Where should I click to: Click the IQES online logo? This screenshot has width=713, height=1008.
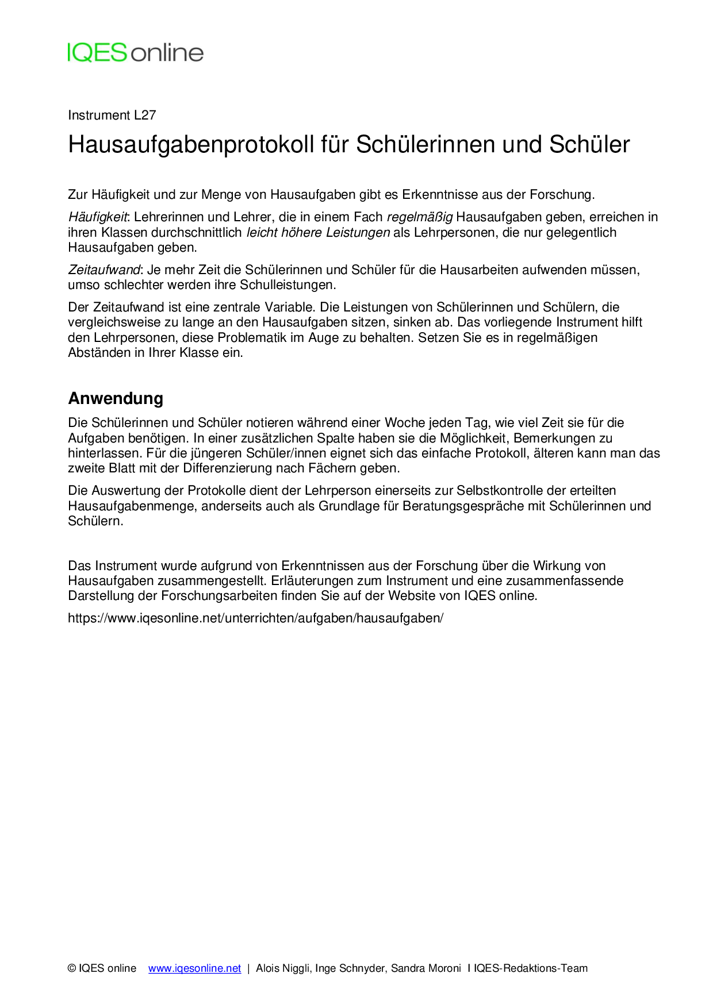click(x=135, y=52)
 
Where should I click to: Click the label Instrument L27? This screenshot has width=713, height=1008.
click(x=112, y=115)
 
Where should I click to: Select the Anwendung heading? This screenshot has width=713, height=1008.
click(x=116, y=398)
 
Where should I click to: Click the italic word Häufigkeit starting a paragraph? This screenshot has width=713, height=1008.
click(x=97, y=217)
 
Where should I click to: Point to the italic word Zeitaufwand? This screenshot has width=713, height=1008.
click(x=104, y=270)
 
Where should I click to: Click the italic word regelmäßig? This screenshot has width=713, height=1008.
click(x=420, y=217)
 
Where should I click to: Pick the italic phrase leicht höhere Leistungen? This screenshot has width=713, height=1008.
click(x=318, y=233)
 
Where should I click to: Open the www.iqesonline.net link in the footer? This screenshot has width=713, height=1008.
click(x=194, y=968)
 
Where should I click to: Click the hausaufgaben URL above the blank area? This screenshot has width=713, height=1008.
click(x=255, y=618)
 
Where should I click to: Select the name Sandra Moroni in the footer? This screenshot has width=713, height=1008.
click(x=426, y=968)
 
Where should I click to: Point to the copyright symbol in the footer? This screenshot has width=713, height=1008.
click(x=72, y=968)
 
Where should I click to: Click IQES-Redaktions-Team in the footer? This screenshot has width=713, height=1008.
click(x=531, y=968)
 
